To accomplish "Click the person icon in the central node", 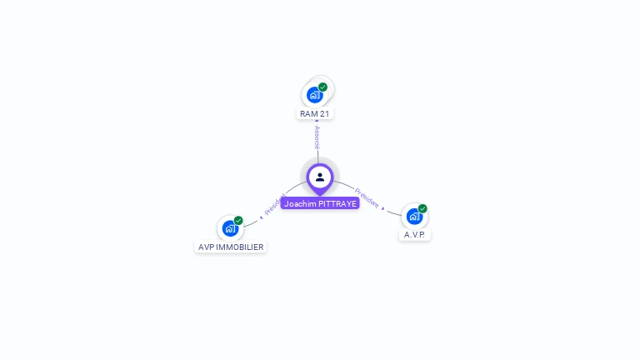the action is tap(320, 177).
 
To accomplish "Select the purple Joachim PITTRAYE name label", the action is tap(320, 203).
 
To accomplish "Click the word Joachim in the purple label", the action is tap(300, 203).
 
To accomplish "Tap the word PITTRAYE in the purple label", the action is tap(337, 203).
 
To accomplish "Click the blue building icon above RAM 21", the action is tap(314, 95).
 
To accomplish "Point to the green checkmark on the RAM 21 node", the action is tap(323, 87).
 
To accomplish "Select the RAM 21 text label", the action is tap(315, 113).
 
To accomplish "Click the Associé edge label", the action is tap(317, 137).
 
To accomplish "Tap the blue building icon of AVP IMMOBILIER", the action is tap(230, 228).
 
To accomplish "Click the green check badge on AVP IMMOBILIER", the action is tap(238, 220).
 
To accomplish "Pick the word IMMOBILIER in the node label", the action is tap(241, 247).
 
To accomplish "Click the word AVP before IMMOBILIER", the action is tap(207, 247).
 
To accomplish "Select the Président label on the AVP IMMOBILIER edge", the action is tap(275, 204).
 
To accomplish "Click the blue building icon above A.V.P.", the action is tap(414, 217).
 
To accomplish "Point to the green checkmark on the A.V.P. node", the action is tap(422, 208).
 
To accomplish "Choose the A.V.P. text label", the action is tap(414, 235).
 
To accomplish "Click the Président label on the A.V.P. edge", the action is tap(366, 197).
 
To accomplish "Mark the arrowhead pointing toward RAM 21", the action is tap(317, 122).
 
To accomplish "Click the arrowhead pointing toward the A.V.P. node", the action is tap(383, 207).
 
